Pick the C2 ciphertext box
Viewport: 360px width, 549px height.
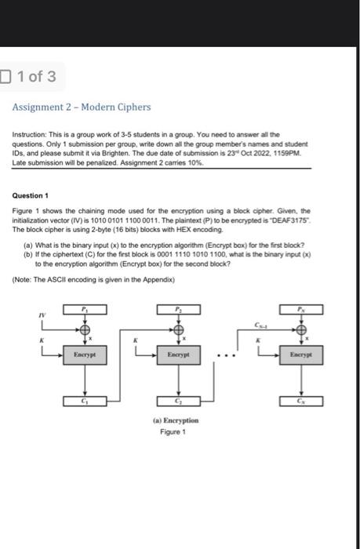click(x=179, y=402)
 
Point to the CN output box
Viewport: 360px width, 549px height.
click(x=300, y=402)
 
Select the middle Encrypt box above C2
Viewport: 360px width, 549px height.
click(x=179, y=354)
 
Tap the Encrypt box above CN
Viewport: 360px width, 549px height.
click(x=300, y=354)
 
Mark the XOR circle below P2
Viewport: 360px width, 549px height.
click(x=179, y=329)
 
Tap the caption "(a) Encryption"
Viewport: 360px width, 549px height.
click(x=175, y=420)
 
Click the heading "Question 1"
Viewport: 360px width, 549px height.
click(x=31, y=195)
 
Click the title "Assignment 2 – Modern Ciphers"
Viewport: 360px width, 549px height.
click(x=82, y=107)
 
